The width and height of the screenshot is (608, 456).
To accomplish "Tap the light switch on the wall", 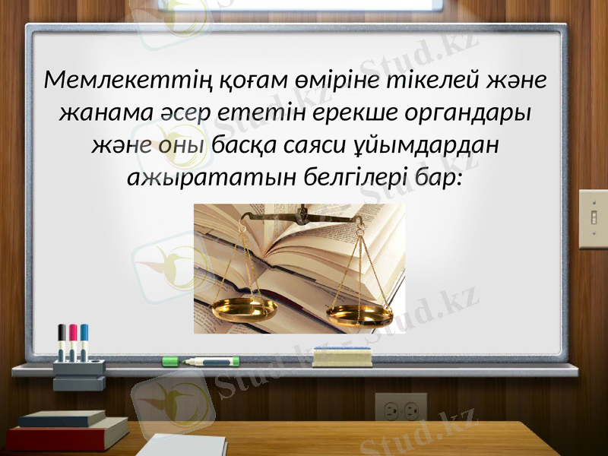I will [x=593, y=219].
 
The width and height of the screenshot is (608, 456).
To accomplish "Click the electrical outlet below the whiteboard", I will [x=401, y=410].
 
